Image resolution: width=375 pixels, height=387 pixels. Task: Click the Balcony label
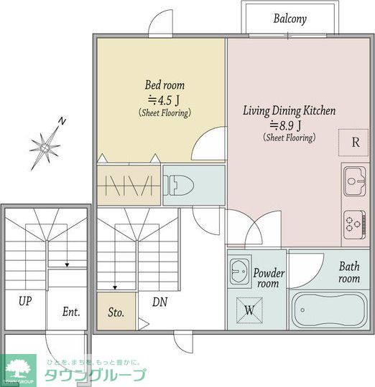[x=290, y=19]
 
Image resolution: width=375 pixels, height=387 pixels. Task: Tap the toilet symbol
[x=179, y=186]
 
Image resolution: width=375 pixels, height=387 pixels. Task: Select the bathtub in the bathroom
[x=329, y=311]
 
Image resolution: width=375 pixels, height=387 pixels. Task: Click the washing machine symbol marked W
[x=249, y=310]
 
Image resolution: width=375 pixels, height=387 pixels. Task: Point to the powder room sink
[x=239, y=271]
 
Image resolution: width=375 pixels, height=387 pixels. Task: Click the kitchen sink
[x=355, y=181]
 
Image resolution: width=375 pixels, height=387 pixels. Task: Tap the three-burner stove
[x=355, y=224]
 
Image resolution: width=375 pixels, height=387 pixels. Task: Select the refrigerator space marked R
[x=353, y=143]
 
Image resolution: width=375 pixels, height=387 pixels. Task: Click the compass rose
[x=45, y=148]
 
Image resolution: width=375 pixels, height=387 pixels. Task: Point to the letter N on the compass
[x=62, y=121]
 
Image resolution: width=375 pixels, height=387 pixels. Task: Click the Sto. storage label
[x=116, y=312]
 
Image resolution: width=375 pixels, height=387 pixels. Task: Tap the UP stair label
[x=25, y=301]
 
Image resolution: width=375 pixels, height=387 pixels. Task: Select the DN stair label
[x=159, y=302]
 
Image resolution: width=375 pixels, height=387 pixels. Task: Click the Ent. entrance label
[x=71, y=312]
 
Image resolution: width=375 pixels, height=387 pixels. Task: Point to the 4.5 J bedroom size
[x=164, y=100]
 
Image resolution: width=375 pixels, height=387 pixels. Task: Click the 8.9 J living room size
[x=285, y=125]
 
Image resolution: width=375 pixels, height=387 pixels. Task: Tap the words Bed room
[x=165, y=85]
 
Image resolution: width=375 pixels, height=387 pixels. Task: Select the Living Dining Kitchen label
[x=290, y=110]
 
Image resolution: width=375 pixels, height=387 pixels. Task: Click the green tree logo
[x=17, y=369]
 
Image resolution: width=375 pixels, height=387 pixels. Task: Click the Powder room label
[x=269, y=278]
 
